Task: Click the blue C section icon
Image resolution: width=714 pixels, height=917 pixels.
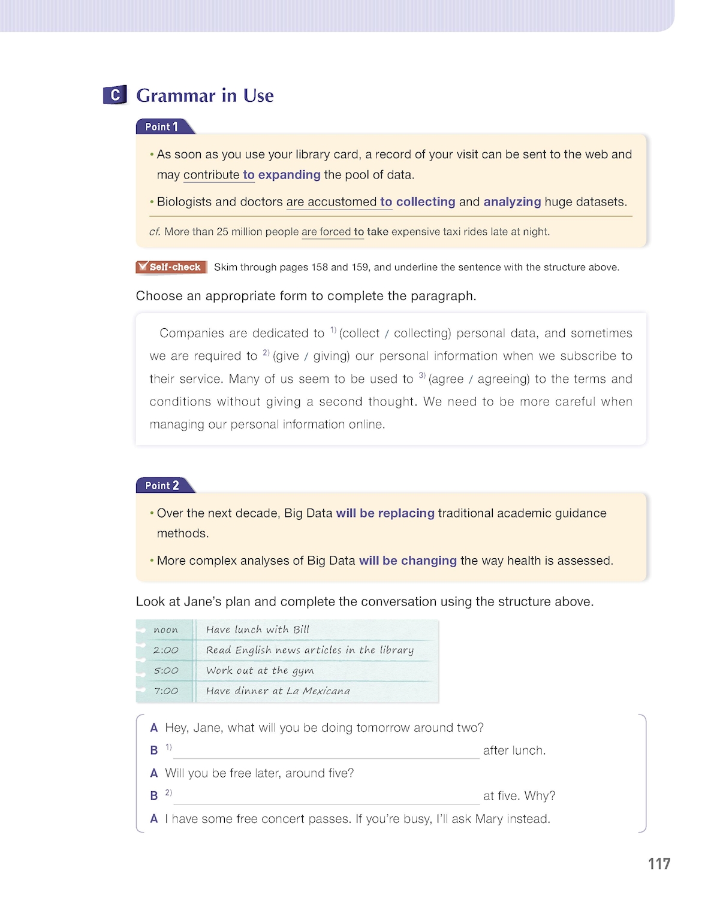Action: [115, 95]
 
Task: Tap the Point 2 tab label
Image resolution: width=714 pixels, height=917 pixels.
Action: [162, 486]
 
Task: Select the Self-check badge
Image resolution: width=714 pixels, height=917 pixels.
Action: [171, 267]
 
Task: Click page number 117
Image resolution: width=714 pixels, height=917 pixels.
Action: [659, 864]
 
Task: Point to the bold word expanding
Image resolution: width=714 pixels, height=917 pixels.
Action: [290, 175]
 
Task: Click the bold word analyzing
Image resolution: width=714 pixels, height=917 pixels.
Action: [512, 202]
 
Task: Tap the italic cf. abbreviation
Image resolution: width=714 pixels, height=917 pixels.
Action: [154, 232]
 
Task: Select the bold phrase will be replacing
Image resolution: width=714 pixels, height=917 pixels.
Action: [385, 513]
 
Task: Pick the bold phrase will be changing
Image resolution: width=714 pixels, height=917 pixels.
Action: [408, 561]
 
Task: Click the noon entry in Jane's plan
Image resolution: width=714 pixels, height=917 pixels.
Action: [165, 630]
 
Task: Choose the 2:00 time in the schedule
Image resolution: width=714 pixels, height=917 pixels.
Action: [165, 650]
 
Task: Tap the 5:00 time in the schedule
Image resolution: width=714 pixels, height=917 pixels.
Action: [165, 671]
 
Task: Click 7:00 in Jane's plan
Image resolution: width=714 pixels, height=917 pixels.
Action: [165, 691]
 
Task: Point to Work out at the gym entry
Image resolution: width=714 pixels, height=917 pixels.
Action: [260, 671]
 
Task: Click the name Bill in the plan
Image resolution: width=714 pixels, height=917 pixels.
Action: [301, 630]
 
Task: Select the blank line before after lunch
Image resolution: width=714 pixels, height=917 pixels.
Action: [326, 752]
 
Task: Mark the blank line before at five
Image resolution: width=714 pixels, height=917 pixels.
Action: [326, 798]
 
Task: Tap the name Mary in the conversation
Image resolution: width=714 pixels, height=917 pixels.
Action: [489, 819]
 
